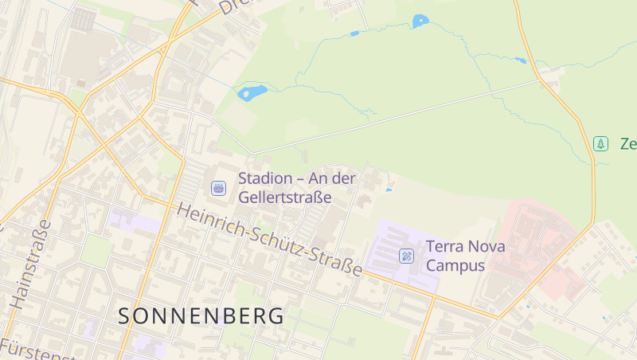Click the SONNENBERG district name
[201, 315]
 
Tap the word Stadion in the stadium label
[268, 178]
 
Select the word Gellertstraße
[284, 197]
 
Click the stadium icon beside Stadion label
[217, 188]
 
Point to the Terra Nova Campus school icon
[406, 256]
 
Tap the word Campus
[455, 265]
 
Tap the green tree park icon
[601, 144]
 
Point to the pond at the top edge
[420, 21]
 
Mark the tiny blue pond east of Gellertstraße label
[389, 190]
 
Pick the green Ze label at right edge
[627, 144]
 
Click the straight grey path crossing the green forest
[398, 115]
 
